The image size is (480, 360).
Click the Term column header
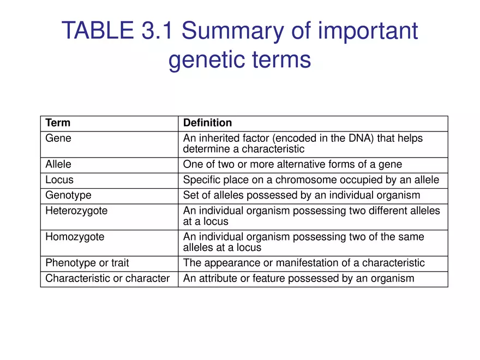coord(58,123)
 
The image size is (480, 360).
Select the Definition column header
coord(207,123)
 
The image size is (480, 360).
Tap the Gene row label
coord(58,139)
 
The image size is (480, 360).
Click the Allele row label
coord(58,164)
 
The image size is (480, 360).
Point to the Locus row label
coord(59,179)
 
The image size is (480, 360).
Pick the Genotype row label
coord(68,195)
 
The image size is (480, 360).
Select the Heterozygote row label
coord(76,211)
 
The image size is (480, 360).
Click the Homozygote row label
coord(75,237)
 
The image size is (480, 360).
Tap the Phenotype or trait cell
coord(87,263)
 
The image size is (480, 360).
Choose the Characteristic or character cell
coord(107,278)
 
